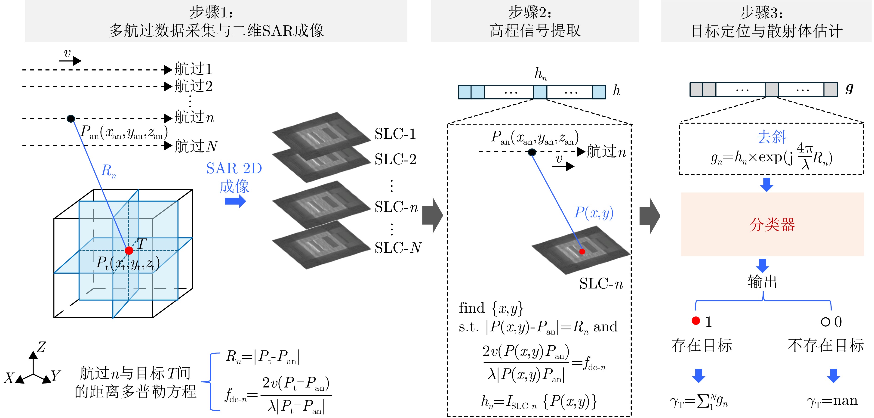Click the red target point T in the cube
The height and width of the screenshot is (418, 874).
129,251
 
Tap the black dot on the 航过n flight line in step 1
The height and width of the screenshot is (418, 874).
71,118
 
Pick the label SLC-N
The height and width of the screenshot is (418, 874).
398,248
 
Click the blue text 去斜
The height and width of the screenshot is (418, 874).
772,137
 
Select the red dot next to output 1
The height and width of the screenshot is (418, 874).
696,321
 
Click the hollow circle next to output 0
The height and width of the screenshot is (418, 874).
825,322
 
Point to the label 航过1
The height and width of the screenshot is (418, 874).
193,69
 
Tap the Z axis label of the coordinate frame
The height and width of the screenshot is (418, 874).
41,347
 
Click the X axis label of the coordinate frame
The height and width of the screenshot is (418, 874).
9,378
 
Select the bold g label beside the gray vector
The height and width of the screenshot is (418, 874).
849,89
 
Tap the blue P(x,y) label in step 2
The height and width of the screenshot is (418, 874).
594,213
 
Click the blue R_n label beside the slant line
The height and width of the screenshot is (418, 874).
109,170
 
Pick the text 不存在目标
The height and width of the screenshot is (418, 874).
825,345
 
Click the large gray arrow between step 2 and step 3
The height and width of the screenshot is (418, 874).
649,216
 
